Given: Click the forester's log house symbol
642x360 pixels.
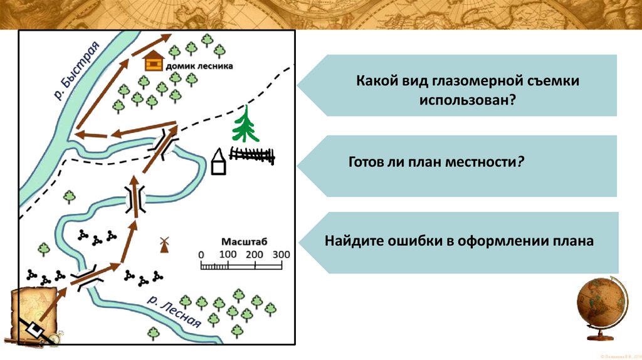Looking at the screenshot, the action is (154, 61).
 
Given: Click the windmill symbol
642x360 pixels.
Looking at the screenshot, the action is (165, 244).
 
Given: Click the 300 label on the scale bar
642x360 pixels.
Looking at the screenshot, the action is (282, 255).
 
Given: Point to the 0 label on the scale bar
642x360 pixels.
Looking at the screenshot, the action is (201, 255).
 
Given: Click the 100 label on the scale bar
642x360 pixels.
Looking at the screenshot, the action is (228, 255).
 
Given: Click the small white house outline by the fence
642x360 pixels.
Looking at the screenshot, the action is (219, 162).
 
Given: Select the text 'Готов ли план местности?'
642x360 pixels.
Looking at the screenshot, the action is (436, 161).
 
